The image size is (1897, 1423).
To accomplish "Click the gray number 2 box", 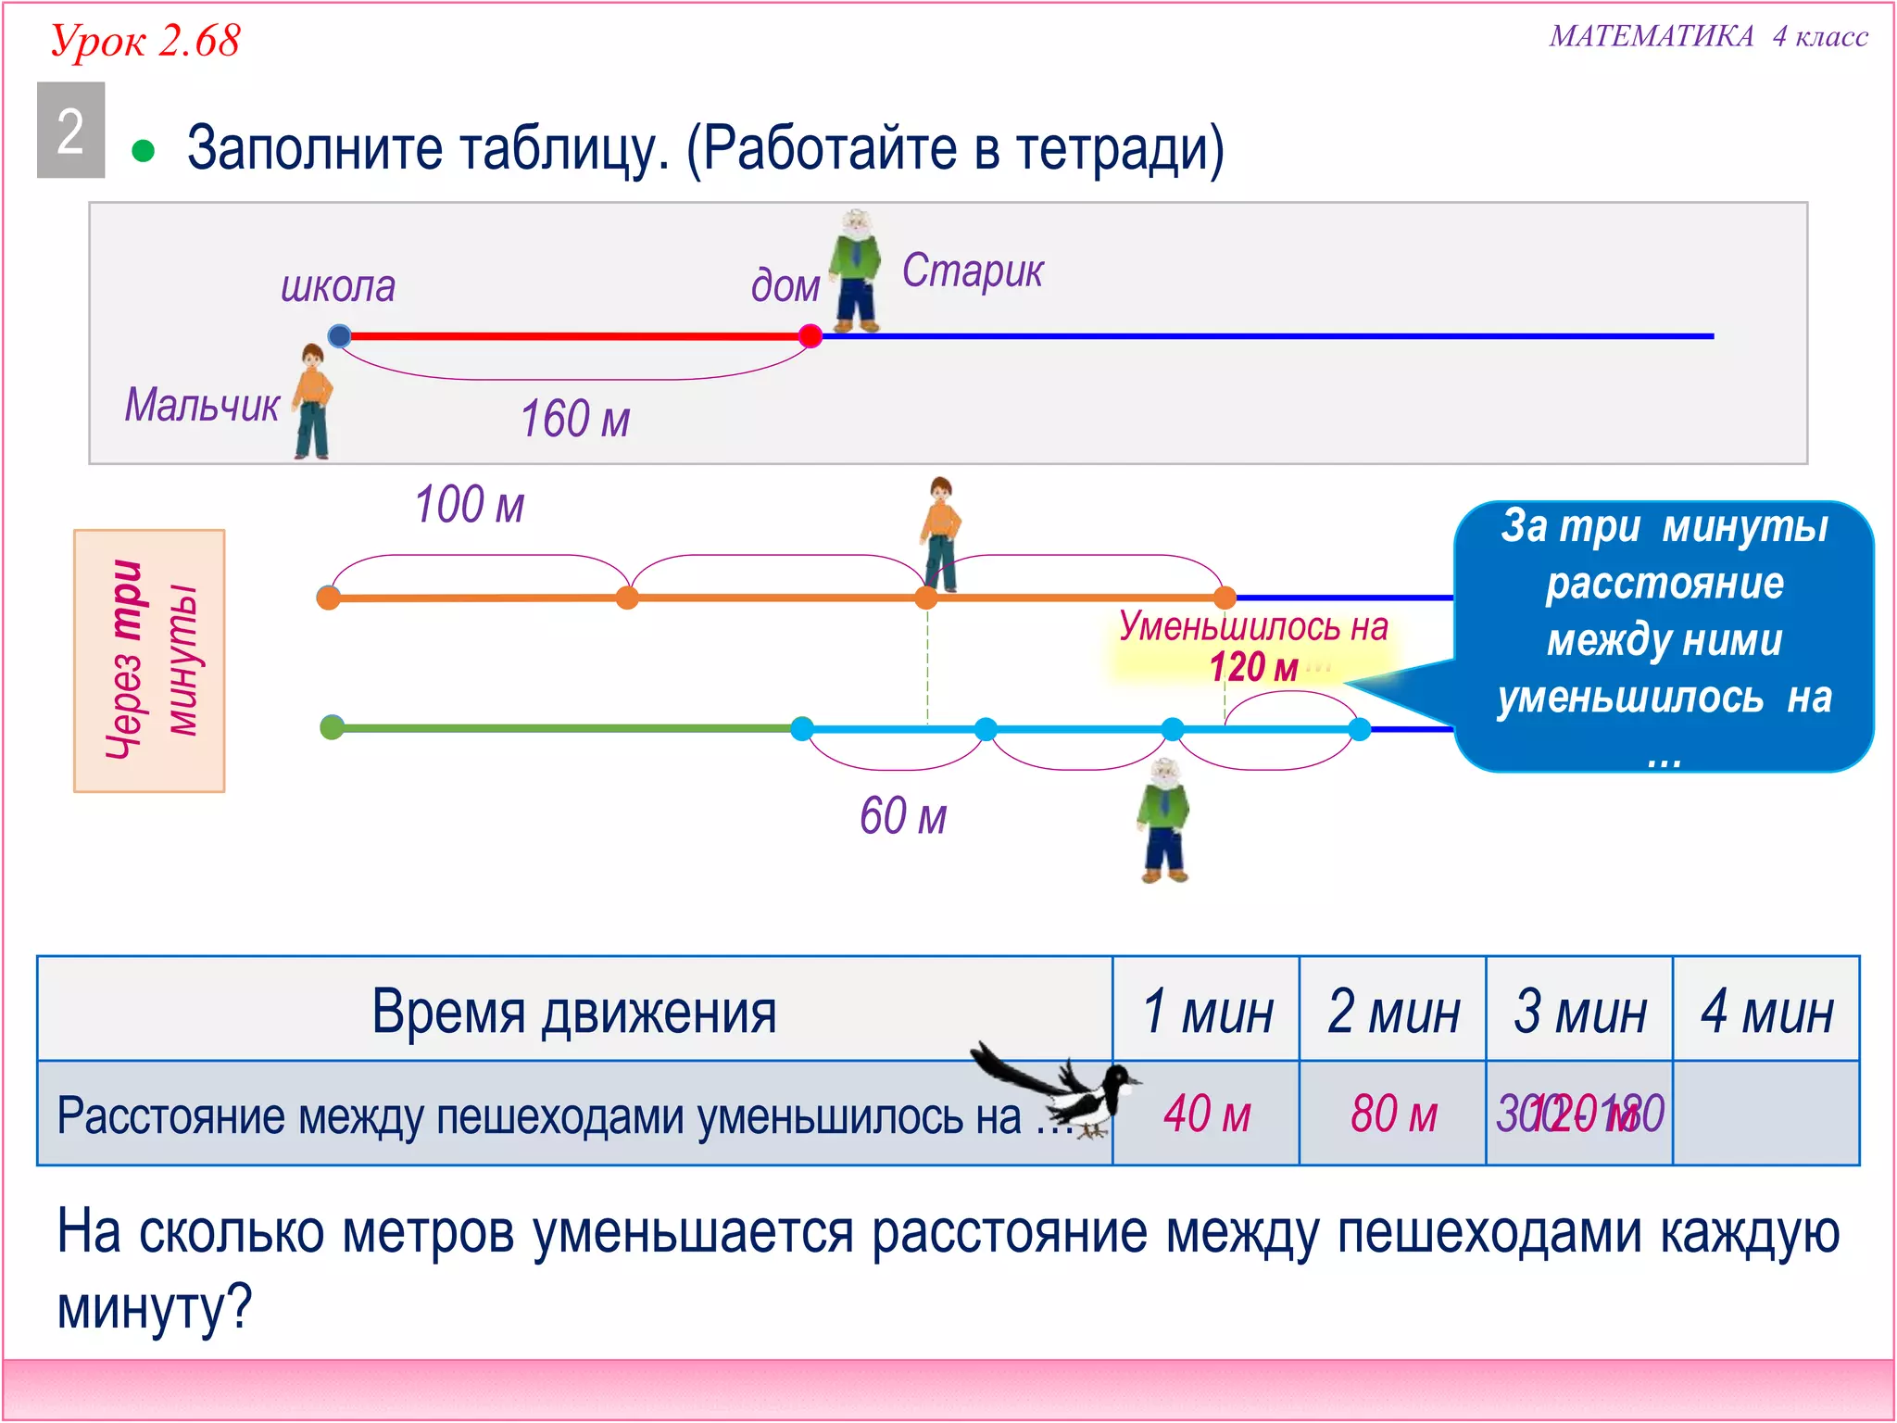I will pos(70,130).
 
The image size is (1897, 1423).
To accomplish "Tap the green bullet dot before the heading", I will pos(143,151).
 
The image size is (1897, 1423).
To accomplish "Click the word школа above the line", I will pos(338,286).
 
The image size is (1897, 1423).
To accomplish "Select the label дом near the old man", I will pos(785,285).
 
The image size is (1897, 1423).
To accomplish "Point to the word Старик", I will pos(973,271).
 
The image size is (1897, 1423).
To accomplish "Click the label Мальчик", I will pos(202,405).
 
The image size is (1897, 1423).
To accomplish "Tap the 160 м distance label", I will pos(575,419).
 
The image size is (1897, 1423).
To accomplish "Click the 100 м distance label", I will pos(470,505).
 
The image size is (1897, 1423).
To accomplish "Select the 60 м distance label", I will pos(903,816).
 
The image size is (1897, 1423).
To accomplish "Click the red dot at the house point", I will pos(810,335).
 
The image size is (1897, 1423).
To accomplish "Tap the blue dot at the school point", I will pos(340,335).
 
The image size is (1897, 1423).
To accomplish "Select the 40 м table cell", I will pos(1207,1114).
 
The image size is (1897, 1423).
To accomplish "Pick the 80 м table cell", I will pos(1394,1114).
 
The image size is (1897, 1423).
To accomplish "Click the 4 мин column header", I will pos(1766,1011).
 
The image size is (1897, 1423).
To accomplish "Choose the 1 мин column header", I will pos(1207,1011).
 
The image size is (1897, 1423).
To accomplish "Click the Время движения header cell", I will pos(574,1011).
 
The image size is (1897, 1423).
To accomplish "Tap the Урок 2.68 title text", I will pos(145,41).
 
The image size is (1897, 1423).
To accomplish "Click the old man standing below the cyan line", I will pos(1163,820).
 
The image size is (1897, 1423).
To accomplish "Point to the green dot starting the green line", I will pos(332,727).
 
